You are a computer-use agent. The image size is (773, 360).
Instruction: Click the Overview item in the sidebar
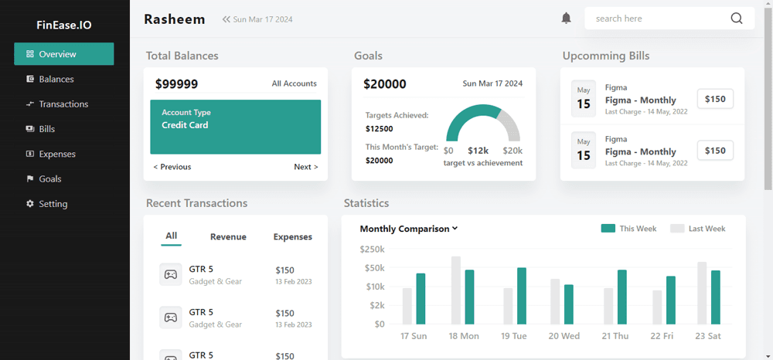[x=63, y=54]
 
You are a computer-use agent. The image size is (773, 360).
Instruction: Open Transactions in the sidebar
[x=63, y=104]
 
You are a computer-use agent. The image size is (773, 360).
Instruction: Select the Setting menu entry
[x=53, y=204]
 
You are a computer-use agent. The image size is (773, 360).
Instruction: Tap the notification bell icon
[x=566, y=19]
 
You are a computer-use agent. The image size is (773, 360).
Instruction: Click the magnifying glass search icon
[x=736, y=19]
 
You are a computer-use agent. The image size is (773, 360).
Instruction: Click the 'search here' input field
[x=657, y=19]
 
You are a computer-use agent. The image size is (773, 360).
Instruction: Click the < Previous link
[x=172, y=167]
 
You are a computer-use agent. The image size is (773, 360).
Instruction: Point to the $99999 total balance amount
[x=176, y=84]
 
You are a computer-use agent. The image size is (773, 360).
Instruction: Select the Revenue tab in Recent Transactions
[x=228, y=237]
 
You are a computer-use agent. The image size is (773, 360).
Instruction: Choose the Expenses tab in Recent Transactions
[x=293, y=237]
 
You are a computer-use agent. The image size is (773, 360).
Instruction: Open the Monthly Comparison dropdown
[x=409, y=229]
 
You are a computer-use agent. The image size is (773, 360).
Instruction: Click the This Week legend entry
[x=629, y=229]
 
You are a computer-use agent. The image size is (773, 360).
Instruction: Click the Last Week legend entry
[x=698, y=229]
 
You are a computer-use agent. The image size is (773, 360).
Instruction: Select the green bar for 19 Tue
[x=522, y=296]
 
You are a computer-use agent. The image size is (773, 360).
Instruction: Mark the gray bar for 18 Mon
[x=456, y=290]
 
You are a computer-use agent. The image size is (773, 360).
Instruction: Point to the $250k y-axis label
[x=372, y=249]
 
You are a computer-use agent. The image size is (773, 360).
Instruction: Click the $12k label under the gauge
[x=478, y=151]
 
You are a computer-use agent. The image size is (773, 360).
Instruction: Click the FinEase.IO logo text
[x=64, y=25]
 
